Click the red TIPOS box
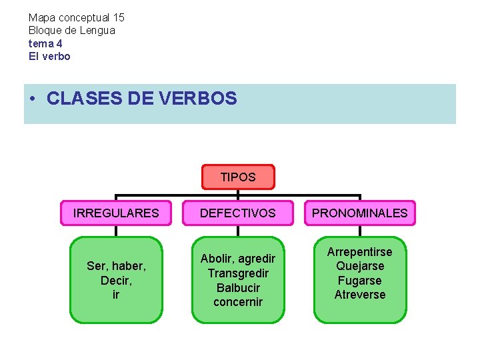[238, 177]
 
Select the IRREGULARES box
[116, 213]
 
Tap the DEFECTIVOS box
[238, 213]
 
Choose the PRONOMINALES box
[360, 213]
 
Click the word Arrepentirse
[360, 252]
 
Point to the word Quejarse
[360, 266]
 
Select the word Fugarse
[360, 281]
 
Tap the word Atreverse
[360, 295]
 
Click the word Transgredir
[238, 273]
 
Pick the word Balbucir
[238, 288]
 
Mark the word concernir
[238, 302]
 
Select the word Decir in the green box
[116, 281]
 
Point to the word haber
[131, 266]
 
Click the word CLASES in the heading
[83, 99]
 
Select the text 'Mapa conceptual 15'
[76, 17]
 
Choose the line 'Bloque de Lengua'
[71, 30]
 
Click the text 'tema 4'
[45, 43]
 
